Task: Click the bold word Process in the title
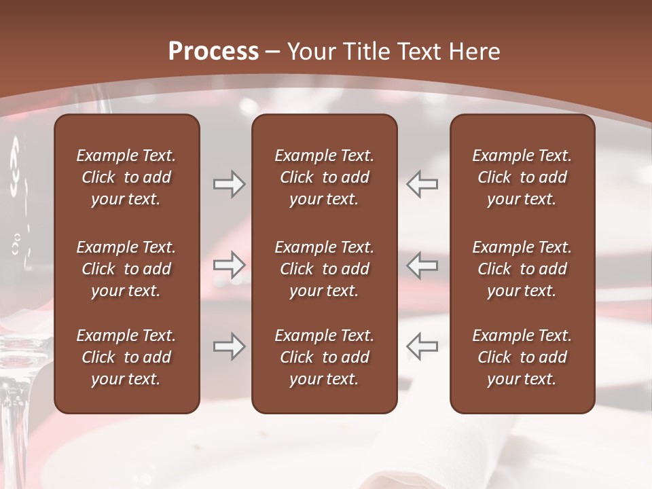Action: [x=213, y=52]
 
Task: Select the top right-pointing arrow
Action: [x=229, y=184]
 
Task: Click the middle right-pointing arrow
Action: [x=229, y=265]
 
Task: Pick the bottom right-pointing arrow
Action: [x=229, y=346]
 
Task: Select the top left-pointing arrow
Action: [x=422, y=184]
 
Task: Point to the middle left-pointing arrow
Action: [x=422, y=265]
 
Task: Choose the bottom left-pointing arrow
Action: [x=422, y=346]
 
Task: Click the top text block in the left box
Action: [x=126, y=177]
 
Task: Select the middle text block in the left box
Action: [x=126, y=269]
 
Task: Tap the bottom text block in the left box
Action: [x=126, y=357]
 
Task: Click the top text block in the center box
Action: [x=324, y=177]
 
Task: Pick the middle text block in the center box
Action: [x=324, y=269]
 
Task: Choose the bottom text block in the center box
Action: [x=324, y=357]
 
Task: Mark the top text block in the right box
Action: [x=522, y=177]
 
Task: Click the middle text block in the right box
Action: [x=522, y=269]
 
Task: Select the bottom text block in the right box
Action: [x=522, y=357]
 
